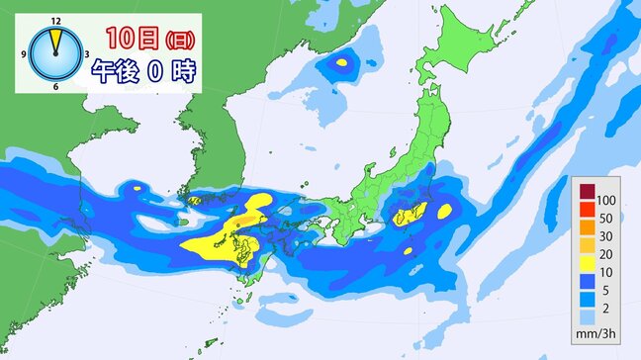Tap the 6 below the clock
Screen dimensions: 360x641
tap(54, 87)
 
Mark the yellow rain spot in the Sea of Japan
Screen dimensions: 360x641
tap(342, 63)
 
